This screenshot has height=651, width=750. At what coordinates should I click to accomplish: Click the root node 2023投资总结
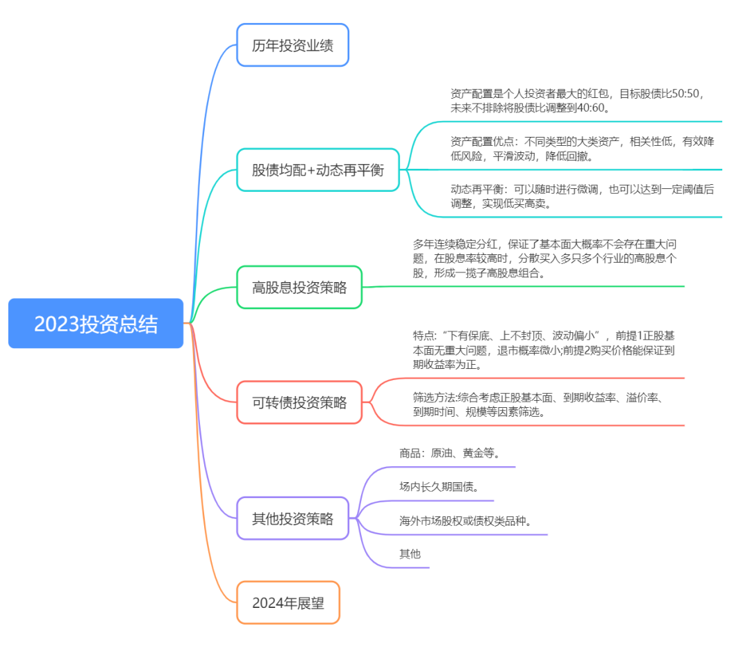[96, 323]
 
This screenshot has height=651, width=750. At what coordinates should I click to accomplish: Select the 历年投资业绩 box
[293, 45]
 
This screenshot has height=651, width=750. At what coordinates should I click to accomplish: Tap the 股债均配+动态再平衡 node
[318, 170]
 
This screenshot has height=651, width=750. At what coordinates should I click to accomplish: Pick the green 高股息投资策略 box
[299, 287]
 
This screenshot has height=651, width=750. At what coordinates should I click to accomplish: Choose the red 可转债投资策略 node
[299, 402]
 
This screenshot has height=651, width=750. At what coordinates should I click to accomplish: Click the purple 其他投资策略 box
[293, 518]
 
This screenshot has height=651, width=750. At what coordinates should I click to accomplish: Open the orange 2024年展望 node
[288, 602]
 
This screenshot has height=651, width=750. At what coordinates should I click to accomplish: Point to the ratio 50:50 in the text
[685, 94]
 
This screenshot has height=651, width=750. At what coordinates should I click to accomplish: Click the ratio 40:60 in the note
[591, 108]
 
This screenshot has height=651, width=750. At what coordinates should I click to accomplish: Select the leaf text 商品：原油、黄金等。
[449, 453]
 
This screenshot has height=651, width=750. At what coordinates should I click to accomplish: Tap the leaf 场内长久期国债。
[439, 487]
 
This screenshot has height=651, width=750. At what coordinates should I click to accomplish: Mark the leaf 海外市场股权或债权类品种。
[465, 521]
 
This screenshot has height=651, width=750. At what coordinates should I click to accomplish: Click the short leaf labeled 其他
[410, 554]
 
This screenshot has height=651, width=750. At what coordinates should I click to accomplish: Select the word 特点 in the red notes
[424, 336]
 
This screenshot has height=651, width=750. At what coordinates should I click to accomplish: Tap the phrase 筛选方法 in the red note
[434, 397]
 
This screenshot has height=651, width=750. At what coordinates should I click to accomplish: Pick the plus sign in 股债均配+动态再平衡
[311, 170]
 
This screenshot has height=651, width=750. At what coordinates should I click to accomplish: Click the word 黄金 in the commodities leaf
[473, 453]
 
